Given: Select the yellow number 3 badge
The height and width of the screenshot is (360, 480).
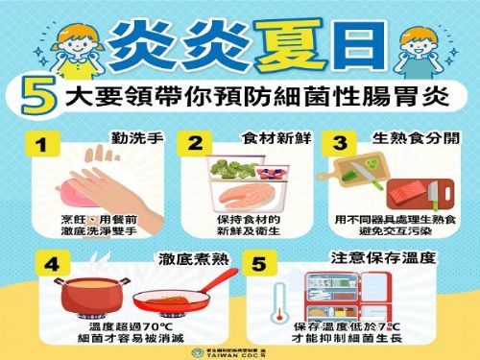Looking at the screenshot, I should point(338,145).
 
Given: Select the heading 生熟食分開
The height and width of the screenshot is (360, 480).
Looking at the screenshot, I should point(414,138).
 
